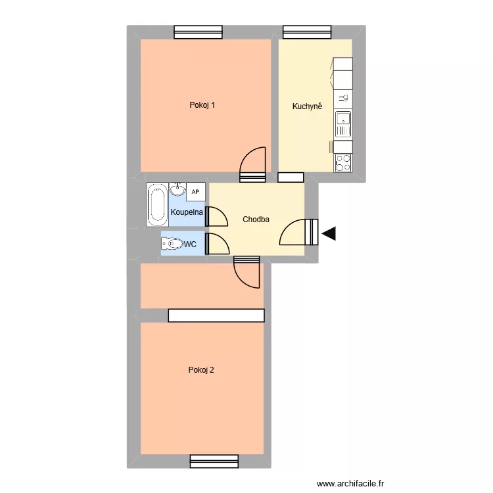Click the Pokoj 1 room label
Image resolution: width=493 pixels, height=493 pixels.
(202, 105)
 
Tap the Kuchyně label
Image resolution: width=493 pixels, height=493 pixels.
(307, 106)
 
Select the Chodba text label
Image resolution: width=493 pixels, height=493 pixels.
(256, 220)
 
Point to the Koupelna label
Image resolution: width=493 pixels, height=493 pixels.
(187, 212)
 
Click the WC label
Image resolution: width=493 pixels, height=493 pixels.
(191, 245)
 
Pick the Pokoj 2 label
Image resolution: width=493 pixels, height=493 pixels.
(201, 370)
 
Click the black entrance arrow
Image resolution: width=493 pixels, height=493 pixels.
(329, 233)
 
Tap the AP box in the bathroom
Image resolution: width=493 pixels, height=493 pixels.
(196, 191)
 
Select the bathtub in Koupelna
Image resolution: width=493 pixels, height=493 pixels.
(157, 204)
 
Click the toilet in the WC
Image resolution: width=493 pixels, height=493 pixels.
(172, 245)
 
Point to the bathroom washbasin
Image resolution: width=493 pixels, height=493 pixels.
(177, 189)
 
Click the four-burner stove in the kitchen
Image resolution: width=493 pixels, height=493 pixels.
(343, 162)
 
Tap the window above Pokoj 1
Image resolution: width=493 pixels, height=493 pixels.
(199, 32)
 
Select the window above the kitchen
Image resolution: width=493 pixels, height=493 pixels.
(308, 32)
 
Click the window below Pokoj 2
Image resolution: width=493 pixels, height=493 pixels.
(214, 461)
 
